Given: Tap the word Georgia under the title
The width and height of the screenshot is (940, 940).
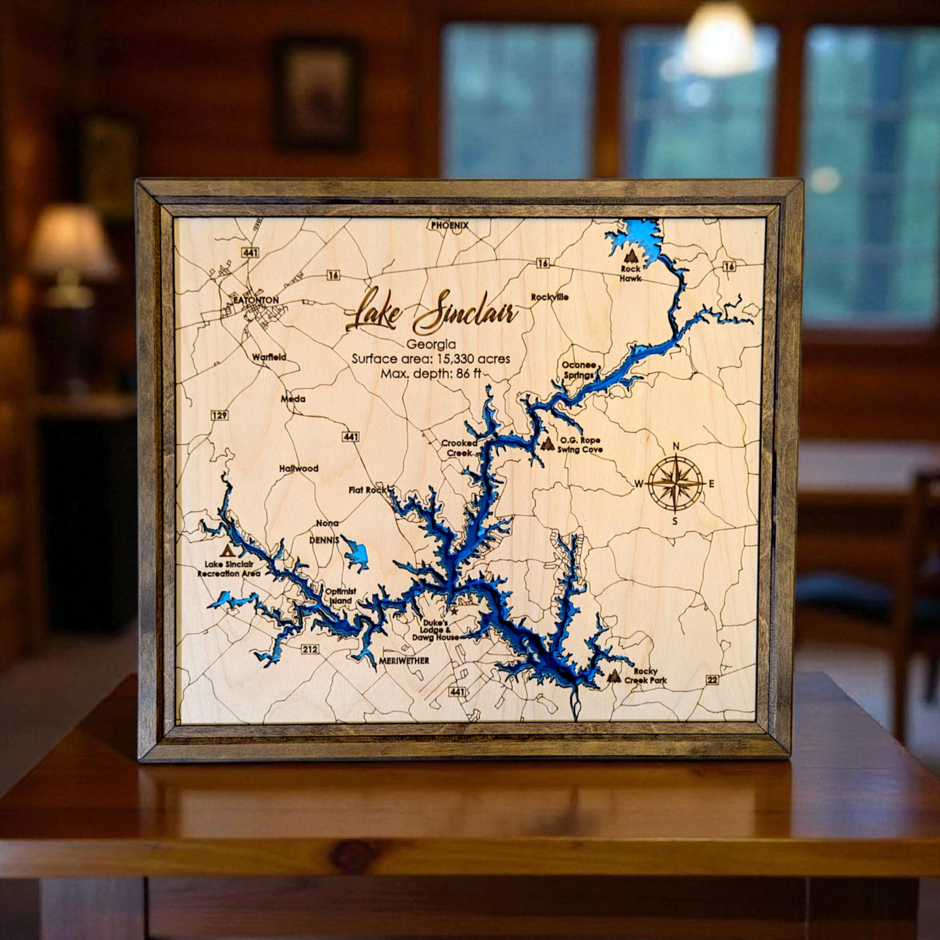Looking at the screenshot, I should (431, 345).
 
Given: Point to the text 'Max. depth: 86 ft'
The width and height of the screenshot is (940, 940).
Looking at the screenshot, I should (431, 374).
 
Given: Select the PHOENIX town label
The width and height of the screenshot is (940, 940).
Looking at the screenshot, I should (450, 225).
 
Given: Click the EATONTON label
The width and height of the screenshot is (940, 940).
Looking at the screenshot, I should (256, 301).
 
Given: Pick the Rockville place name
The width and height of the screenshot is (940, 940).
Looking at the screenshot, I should (550, 297).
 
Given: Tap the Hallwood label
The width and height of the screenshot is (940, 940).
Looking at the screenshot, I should (299, 468).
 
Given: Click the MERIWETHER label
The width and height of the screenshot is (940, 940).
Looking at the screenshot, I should (403, 661).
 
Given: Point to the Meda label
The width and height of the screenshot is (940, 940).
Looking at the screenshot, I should (293, 399).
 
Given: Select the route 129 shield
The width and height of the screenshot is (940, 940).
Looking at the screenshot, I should (219, 415).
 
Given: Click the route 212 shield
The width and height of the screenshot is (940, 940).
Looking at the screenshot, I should (310, 649).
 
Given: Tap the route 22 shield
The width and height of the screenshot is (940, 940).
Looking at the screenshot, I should (712, 680).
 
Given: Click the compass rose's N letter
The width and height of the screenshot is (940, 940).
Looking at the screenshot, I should (676, 446).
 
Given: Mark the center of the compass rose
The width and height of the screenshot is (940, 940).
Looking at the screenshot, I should (676, 483).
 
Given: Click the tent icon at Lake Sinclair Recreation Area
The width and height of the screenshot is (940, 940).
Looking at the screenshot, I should (226, 550).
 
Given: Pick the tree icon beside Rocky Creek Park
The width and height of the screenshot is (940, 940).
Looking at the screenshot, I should (613, 676).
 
